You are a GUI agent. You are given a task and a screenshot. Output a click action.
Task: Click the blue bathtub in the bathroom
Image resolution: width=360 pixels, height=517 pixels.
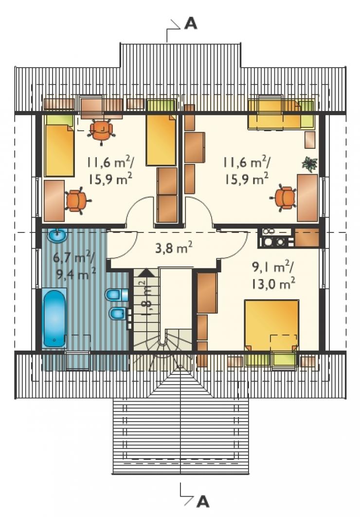54,319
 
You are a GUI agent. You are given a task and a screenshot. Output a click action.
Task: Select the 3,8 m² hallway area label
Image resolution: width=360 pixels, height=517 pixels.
174,248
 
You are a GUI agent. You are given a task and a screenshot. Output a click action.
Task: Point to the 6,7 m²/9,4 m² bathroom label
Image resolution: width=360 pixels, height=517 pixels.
75,266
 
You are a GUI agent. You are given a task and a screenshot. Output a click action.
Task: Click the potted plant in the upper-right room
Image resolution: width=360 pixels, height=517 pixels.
309,164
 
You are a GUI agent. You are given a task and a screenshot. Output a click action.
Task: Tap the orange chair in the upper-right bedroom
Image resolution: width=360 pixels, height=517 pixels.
285,198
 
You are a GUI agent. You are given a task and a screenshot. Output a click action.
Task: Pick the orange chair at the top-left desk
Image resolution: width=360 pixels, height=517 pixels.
102,130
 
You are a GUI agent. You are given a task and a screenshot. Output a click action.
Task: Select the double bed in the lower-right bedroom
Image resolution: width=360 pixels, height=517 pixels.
271,325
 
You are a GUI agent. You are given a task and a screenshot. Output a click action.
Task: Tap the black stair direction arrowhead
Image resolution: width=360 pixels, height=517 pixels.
146,272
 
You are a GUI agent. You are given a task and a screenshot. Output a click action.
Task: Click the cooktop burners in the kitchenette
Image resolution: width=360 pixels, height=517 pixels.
273,242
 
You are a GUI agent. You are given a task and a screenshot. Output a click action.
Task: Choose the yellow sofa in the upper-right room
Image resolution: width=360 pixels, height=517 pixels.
281,114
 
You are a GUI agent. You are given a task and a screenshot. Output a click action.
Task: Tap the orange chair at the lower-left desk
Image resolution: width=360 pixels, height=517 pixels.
77,200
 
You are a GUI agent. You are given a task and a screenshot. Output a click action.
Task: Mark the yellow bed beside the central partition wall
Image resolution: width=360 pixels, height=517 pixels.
161,140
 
